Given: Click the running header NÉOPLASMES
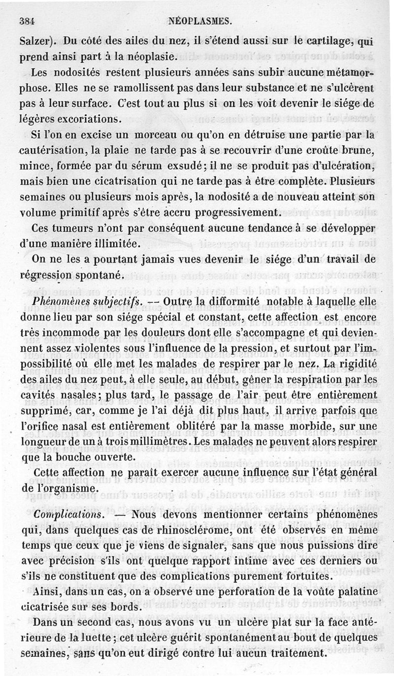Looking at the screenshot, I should (x=199, y=21).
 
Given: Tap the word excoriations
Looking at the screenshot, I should (x=93, y=119).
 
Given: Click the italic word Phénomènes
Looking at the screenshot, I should (x=62, y=300).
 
